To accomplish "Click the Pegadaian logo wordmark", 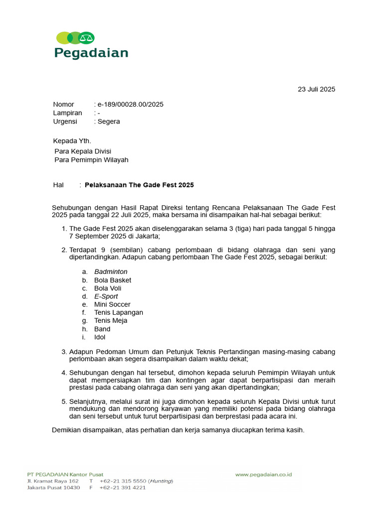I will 91,53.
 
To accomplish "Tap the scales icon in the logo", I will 87,37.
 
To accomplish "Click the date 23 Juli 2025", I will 316,90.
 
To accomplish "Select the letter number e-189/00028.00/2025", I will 130,105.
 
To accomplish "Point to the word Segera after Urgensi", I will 109,122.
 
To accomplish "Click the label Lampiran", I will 67,113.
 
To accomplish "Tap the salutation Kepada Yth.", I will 72,141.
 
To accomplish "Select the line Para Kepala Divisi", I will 82,151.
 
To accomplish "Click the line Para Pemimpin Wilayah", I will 91,160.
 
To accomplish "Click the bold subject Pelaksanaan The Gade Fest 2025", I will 139,185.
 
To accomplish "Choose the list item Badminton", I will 111,272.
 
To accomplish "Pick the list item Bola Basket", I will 113,280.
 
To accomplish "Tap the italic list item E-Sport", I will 106,296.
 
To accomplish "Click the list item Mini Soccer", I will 112,304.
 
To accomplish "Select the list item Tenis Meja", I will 111,321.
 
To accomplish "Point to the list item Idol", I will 100,337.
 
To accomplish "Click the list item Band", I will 102,329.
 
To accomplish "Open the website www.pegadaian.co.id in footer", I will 263,475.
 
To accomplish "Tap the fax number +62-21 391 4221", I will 123,488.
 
